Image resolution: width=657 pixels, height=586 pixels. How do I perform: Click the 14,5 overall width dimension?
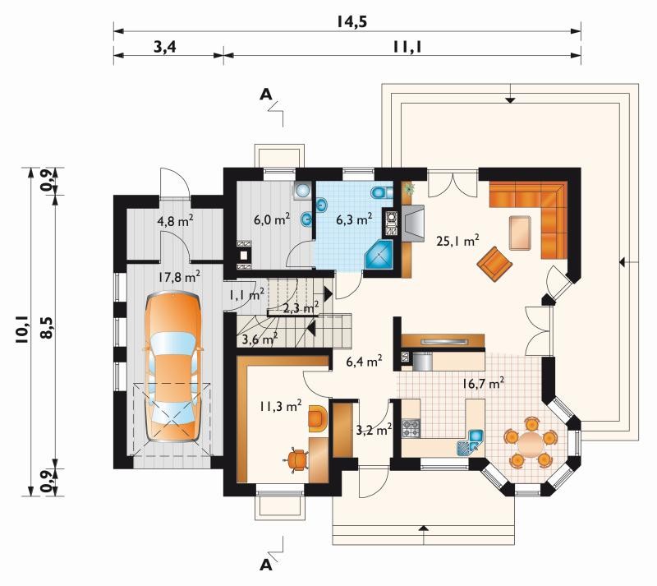(x=352, y=21)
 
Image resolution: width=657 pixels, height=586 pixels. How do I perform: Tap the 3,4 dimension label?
(x=165, y=47)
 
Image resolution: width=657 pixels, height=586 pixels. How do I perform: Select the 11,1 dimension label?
(x=407, y=47)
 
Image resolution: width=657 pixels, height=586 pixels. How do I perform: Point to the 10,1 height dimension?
(x=22, y=330)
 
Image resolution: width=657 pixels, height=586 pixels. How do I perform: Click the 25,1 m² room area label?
(x=458, y=240)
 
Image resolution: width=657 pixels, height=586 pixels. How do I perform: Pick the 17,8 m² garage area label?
(x=179, y=276)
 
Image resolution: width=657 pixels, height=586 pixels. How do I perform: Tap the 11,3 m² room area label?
(x=280, y=405)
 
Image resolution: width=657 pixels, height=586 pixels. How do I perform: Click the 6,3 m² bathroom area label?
(x=355, y=219)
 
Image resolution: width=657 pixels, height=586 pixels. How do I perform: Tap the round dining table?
(x=531, y=445)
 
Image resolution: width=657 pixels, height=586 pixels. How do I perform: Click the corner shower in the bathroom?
(x=379, y=254)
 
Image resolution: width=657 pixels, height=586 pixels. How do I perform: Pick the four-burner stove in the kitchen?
(x=411, y=428)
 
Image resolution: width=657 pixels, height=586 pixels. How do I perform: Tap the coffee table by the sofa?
(x=521, y=233)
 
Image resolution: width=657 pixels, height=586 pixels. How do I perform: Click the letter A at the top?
(x=265, y=95)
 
